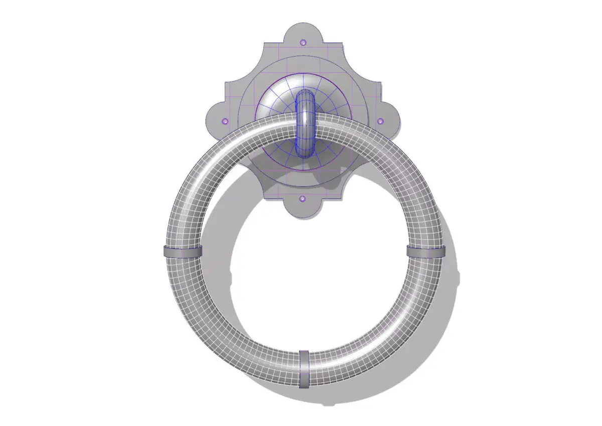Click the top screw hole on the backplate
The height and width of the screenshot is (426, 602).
[x=303, y=43]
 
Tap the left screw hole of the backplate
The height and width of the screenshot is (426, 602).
[x=225, y=121]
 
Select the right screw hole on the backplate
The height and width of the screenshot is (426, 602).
[x=380, y=121]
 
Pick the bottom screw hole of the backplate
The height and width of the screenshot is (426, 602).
[x=302, y=199]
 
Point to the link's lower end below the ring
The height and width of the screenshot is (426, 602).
[x=305, y=148]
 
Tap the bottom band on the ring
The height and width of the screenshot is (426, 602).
[x=304, y=369]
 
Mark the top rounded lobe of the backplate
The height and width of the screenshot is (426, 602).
[x=303, y=35]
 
